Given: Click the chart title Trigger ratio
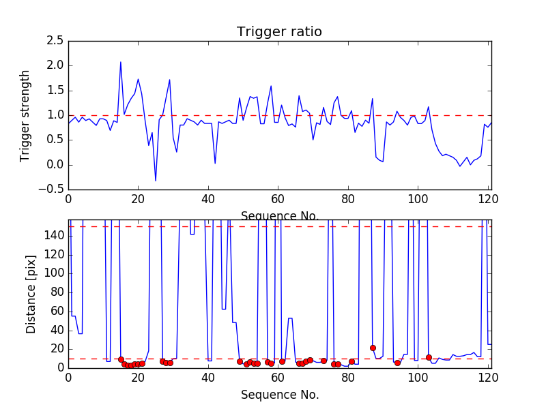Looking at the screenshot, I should pos(279,31).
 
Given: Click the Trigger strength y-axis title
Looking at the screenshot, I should pos(25,115).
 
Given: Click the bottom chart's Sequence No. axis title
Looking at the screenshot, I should pos(279,395).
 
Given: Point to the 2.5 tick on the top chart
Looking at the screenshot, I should pos(55,41).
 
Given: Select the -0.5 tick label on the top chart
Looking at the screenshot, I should pos(53,190).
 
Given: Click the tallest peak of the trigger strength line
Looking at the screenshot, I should pos(121,62).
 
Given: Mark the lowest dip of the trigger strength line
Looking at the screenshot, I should pos(156,181).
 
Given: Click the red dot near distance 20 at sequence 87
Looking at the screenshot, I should pos(373,348).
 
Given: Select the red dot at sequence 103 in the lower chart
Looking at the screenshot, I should pos(429,357).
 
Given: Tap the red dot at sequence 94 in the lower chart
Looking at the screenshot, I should pos(397,363).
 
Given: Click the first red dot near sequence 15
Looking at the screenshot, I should pos(121,359).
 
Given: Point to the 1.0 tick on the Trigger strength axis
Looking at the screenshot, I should pos(55,115).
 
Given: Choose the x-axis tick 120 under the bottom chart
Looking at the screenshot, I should pos(487,378).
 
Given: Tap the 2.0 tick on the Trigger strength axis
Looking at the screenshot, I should pos(55,65).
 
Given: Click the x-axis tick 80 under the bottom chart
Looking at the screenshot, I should pos(347,378).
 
